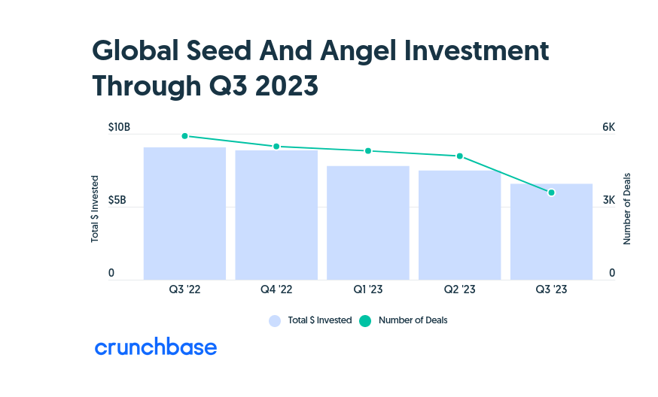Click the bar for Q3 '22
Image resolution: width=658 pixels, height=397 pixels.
[x=184, y=214]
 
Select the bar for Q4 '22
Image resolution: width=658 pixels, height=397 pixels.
[x=276, y=214]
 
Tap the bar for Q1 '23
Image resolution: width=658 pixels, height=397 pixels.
[x=368, y=223]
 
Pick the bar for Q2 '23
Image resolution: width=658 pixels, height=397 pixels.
[x=459, y=225]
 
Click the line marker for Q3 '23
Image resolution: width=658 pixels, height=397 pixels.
[x=551, y=192]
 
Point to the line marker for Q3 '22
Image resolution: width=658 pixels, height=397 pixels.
[x=184, y=136]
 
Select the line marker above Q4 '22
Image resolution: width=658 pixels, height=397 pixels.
[x=276, y=147]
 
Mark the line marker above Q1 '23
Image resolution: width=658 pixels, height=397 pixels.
[x=368, y=150]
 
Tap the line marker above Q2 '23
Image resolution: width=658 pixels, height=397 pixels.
[x=459, y=156]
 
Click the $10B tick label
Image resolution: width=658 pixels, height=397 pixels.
[x=119, y=127]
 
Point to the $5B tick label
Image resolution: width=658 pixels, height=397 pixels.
[x=117, y=200]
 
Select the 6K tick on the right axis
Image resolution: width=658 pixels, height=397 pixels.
[x=609, y=127]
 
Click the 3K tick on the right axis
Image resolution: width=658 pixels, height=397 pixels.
[x=609, y=200]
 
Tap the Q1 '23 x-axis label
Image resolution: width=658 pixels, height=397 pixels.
[x=368, y=289]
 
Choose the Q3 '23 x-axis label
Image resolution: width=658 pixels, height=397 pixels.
[x=551, y=289]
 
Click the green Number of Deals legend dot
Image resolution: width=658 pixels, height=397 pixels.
[x=365, y=321]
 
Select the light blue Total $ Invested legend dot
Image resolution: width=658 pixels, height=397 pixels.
[x=275, y=321]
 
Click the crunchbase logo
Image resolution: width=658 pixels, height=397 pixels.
[x=156, y=347]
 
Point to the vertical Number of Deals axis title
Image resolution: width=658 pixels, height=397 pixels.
[x=626, y=209]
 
